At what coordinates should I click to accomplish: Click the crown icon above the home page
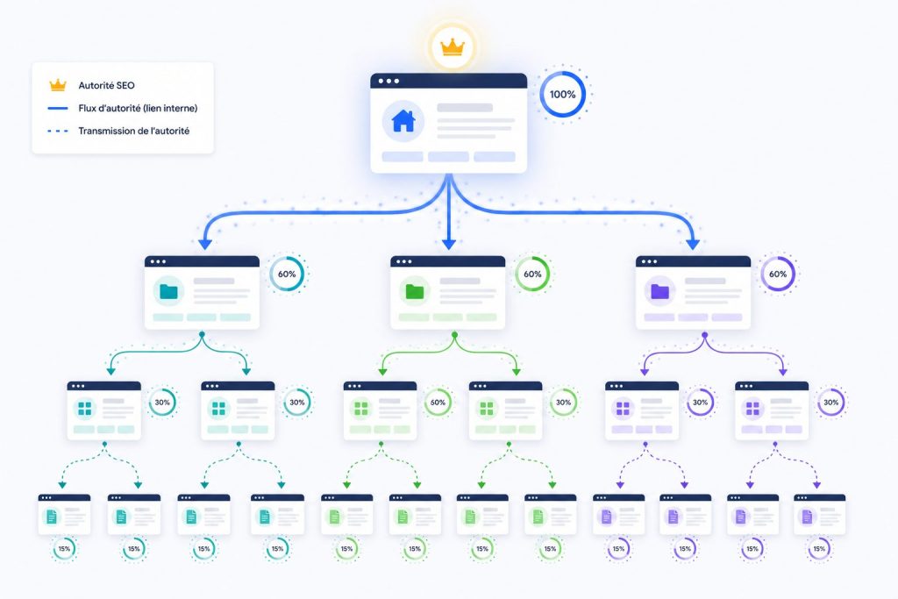(452, 47)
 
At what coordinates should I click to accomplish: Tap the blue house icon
(403, 120)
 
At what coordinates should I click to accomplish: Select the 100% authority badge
(562, 95)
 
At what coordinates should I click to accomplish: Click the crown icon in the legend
(58, 85)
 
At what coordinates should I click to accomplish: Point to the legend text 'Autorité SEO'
(106, 85)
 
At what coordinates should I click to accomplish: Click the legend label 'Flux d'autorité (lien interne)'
(138, 108)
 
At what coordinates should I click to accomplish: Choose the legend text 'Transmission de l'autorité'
(134, 132)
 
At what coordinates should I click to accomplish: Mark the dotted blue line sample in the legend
(58, 132)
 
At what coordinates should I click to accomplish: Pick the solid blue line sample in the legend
(58, 108)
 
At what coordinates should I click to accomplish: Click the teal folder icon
(169, 291)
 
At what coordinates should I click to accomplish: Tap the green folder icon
(415, 291)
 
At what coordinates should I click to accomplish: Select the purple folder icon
(660, 291)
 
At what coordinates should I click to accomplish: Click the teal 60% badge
(287, 275)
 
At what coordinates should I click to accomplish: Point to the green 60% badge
(532, 275)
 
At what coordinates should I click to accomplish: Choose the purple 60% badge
(778, 275)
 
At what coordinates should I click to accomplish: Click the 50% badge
(438, 403)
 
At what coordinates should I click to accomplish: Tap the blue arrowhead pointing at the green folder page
(449, 244)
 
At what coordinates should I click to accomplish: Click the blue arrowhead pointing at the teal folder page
(204, 244)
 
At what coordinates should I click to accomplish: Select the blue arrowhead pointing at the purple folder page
(693, 244)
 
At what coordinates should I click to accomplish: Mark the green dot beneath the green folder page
(455, 334)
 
